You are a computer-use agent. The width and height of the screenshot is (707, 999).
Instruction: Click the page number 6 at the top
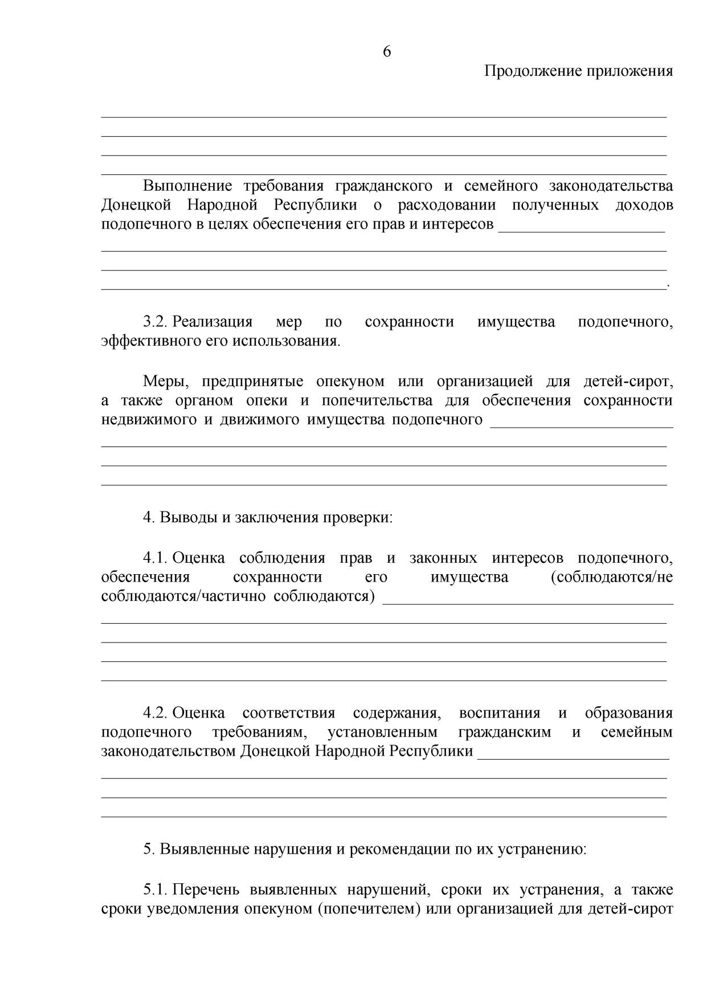click(387, 52)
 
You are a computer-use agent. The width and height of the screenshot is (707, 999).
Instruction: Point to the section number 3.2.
click(154, 322)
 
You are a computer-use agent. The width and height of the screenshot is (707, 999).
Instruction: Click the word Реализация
click(212, 322)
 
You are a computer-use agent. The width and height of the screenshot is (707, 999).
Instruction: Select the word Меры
click(164, 381)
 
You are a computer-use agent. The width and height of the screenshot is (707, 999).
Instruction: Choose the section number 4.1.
click(154, 558)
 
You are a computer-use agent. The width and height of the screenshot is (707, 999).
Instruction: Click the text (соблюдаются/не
click(611, 577)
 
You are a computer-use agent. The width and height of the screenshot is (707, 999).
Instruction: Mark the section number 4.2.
click(154, 713)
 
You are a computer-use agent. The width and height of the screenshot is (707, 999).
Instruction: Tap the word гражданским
click(504, 732)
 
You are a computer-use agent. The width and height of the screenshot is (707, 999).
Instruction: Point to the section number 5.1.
click(154, 889)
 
